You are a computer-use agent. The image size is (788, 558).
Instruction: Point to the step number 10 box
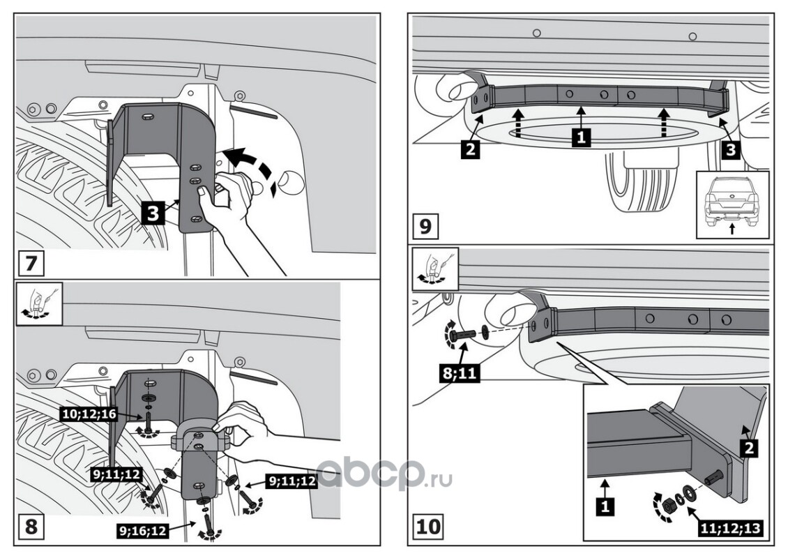(x=428, y=525)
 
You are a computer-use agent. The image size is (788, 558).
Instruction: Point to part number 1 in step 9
(x=580, y=137)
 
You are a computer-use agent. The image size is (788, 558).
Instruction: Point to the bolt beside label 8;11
(x=462, y=335)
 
